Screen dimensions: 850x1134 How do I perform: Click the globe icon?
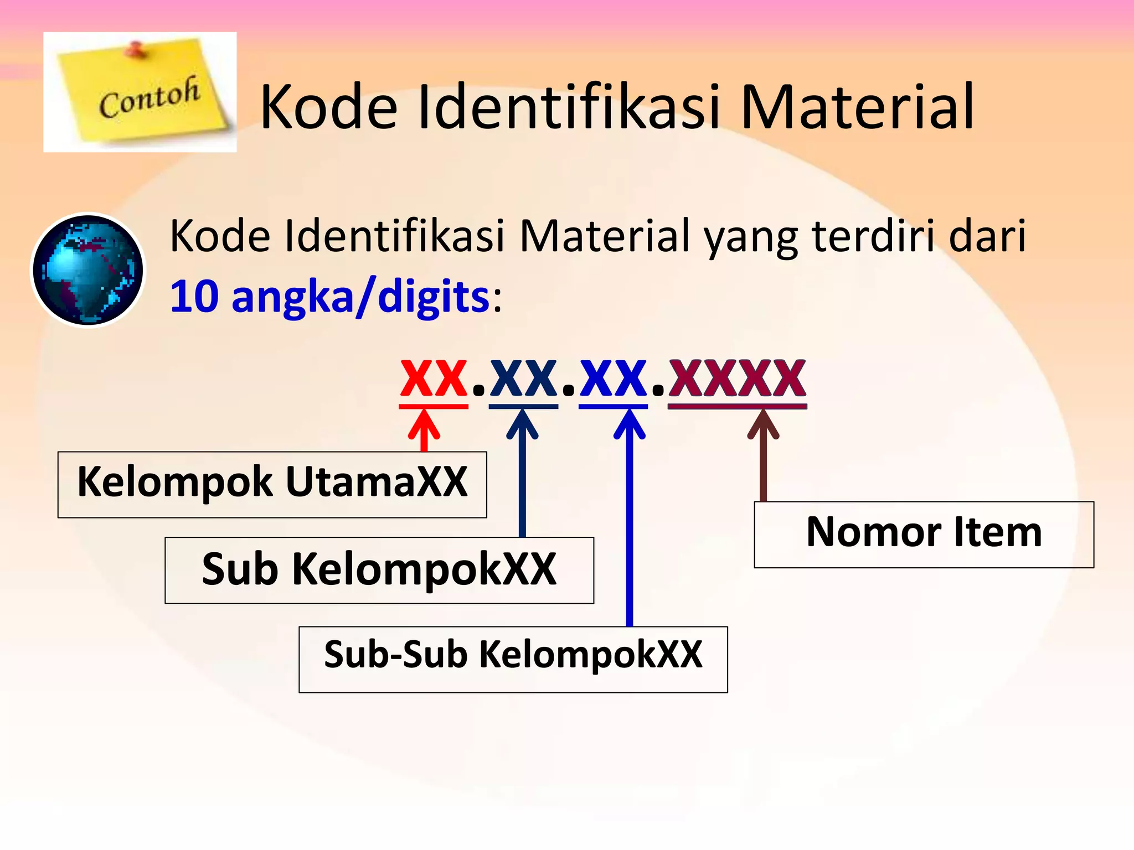(x=87, y=270)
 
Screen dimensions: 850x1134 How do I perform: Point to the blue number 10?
(x=194, y=297)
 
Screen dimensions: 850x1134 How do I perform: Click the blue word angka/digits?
(x=360, y=298)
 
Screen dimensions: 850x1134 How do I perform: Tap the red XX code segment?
(x=434, y=379)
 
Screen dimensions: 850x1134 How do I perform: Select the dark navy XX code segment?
(x=523, y=379)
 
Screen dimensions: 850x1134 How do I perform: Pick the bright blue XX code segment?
(x=613, y=379)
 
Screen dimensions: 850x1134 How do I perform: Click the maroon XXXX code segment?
(x=737, y=379)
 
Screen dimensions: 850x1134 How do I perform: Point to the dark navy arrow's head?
(x=522, y=423)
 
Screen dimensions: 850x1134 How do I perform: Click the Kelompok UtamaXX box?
(x=272, y=484)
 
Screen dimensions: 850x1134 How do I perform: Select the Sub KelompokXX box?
(x=379, y=570)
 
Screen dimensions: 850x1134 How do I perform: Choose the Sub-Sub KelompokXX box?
(x=513, y=659)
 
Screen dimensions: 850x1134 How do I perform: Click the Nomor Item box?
(x=924, y=534)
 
